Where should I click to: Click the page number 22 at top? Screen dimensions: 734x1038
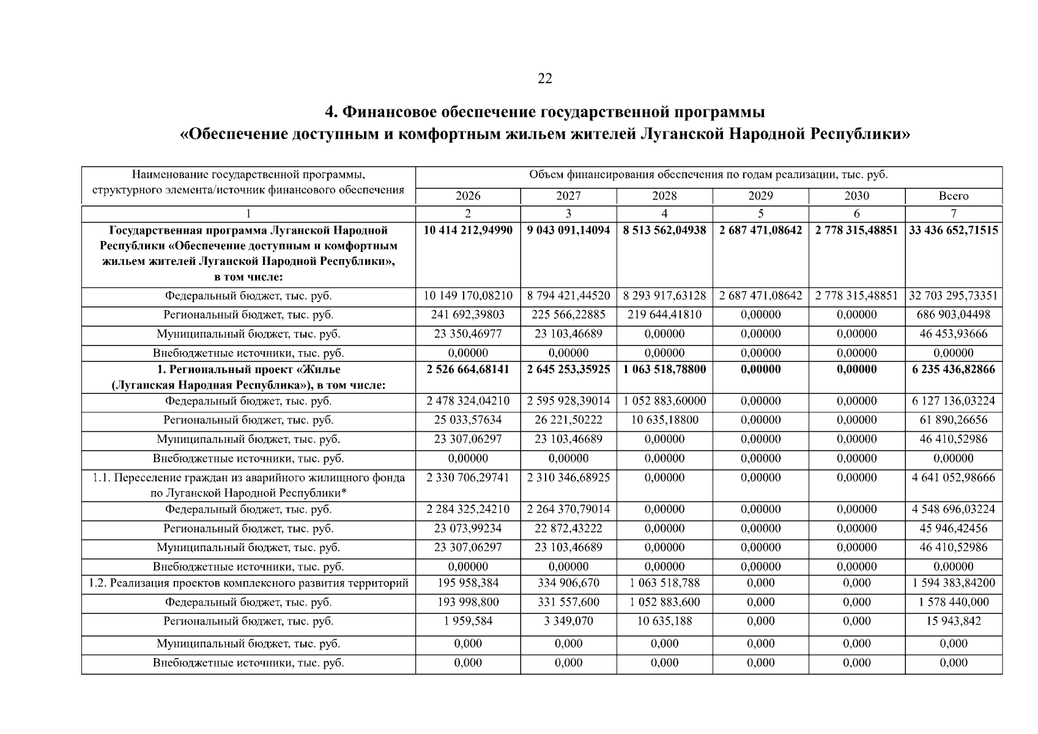(544, 78)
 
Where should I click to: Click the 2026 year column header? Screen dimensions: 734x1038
(468, 196)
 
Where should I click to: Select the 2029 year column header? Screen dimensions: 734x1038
(760, 196)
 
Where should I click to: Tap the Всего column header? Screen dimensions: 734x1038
(953, 196)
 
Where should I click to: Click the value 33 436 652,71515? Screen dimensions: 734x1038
(953, 231)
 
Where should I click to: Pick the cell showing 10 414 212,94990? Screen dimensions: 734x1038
(468, 231)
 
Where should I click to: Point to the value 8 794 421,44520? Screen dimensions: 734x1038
(568, 296)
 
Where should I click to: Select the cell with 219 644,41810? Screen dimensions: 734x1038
(664, 315)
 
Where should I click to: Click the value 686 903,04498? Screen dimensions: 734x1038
(953, 315)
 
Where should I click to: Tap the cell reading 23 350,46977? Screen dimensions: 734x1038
(468, 334)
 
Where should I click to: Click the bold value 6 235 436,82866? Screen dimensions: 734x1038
(953, 369)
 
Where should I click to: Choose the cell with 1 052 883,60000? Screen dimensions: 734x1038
(664, 401)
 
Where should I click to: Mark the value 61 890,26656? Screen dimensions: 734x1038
(953, 420)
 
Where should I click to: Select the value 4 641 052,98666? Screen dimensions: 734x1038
(953, 478)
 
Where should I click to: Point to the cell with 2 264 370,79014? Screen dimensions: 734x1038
(568, 510)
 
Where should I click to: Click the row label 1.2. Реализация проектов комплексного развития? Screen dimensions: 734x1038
(248, 584)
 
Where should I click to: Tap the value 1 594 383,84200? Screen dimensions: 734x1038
(953, 584)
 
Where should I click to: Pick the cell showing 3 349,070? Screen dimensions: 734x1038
(568, 621)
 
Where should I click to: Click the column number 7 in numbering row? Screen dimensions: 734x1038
(953, 213)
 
